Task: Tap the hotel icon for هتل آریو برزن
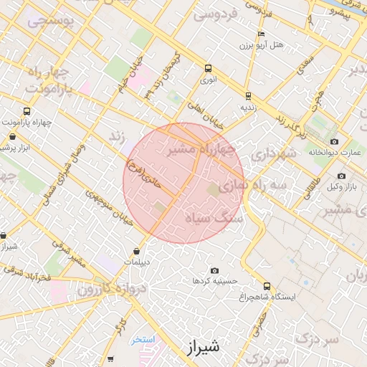(x=262, y=34)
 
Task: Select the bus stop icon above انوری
(x=208, y=69)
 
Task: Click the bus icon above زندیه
(x=248, y=95)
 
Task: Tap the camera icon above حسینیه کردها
(x=214, y=270)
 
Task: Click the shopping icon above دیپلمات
(x=136, y=251)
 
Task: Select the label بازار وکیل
(x=342, y=187)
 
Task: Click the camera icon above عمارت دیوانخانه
(x=334, y=141)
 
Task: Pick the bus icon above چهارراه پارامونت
(x=27, y=111)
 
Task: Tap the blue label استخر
(x=143, y=340)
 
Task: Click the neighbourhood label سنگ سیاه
(x=214, y=216)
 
